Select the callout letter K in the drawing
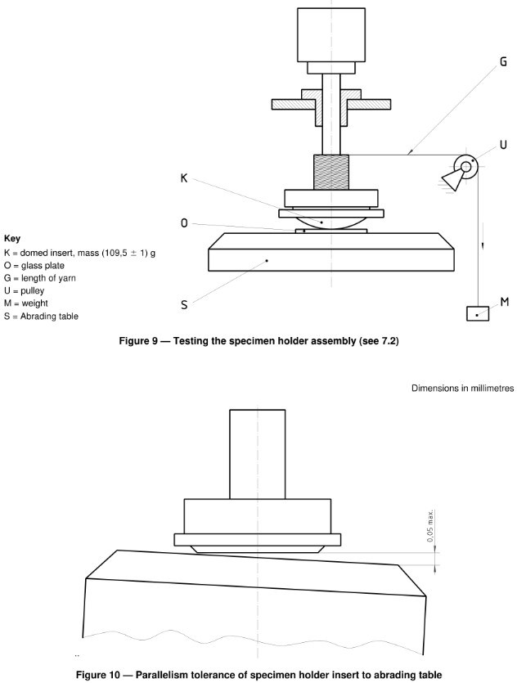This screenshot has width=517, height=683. (186, 179)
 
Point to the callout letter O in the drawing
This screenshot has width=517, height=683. (186, 223)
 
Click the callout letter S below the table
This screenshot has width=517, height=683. (184, 304)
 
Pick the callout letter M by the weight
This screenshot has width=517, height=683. (505, 303)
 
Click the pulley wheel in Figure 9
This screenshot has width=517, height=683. (466, 168)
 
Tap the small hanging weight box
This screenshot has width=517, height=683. (477, 314)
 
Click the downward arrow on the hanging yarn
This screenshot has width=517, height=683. (481, 245)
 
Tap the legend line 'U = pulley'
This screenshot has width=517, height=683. (29, 290)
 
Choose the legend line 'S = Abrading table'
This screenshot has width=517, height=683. (42, 316)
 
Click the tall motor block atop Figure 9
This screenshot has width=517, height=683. (332, 35)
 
